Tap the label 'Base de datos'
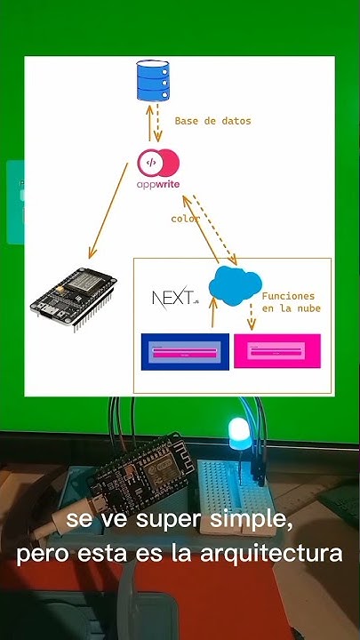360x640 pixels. (212, 121)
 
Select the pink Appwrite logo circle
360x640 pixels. (158, 163)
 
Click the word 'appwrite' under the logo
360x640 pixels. (157, 186)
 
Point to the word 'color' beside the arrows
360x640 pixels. (185, 219)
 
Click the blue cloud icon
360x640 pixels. (234, 284)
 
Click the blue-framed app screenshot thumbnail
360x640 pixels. (185, 352)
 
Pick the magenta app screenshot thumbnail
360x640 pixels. (276, 351)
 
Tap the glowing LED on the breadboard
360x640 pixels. (239, 433)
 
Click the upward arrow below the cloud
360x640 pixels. (212, 316)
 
